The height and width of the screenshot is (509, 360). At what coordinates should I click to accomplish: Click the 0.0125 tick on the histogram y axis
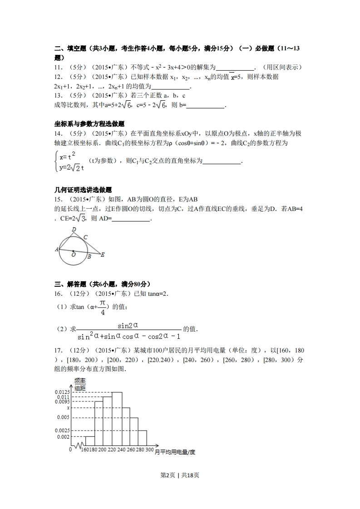62,392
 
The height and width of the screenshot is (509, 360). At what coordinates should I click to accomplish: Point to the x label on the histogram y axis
68,408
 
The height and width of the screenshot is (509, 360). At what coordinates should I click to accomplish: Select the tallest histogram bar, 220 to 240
117,417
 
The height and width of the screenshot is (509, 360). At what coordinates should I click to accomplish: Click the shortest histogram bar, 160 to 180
90,440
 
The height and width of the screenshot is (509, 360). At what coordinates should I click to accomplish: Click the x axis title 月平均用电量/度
175,452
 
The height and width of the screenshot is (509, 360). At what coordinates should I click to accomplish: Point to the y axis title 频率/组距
80,384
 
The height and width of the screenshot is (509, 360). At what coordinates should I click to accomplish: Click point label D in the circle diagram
74,230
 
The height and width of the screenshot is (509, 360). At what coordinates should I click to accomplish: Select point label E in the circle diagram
103,255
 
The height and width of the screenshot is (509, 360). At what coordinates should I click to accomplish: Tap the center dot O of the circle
74,250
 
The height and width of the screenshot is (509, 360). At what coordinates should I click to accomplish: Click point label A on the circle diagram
56,250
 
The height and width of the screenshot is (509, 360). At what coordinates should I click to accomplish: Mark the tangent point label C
85,237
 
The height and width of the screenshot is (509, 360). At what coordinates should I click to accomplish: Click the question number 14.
58,133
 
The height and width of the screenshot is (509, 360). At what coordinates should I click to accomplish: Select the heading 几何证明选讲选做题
83,190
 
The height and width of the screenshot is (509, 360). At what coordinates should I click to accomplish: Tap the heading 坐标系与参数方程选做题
89,124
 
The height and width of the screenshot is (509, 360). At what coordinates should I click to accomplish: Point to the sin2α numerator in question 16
128,325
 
